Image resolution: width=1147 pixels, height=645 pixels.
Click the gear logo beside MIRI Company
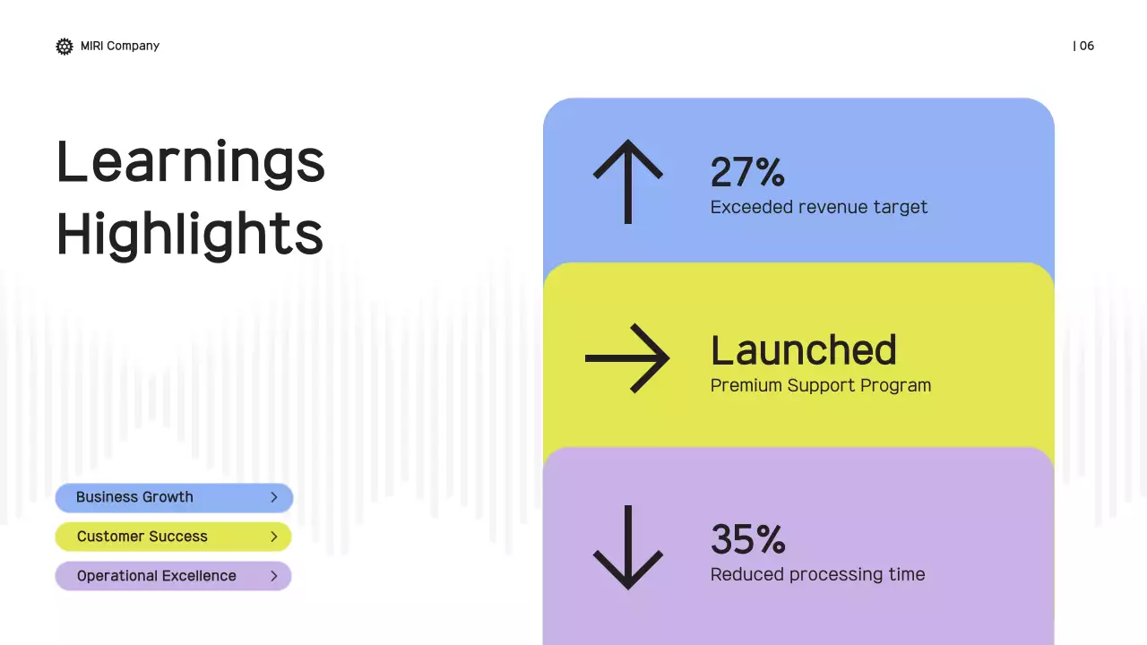[65, 47]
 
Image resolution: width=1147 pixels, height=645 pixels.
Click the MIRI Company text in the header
[119, 46]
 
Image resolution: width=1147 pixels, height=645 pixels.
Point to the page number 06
[1085, 46]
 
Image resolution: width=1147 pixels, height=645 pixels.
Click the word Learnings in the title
[190, 162]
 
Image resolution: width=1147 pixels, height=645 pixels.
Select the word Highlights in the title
[189, 234]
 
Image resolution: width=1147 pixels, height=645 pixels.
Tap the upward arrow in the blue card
[627, 181]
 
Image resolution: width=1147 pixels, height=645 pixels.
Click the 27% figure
[747, 172]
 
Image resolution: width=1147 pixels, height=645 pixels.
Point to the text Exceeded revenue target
[818, 207]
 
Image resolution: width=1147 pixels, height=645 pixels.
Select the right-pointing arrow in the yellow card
[627, 358]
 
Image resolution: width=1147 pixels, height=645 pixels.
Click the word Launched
[803, 350]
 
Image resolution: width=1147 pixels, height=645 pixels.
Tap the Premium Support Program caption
[820, 385]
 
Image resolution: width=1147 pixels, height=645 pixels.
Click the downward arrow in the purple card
[627, 546]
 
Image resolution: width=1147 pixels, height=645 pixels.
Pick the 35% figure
[747, 539]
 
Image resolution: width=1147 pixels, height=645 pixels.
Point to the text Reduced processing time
[817, 574]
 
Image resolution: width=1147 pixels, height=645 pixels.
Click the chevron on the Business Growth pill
[274, 497]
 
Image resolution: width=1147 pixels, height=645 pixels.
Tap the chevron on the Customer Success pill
[274, 537]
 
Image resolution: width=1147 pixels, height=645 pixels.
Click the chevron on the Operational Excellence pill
[274, 576]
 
